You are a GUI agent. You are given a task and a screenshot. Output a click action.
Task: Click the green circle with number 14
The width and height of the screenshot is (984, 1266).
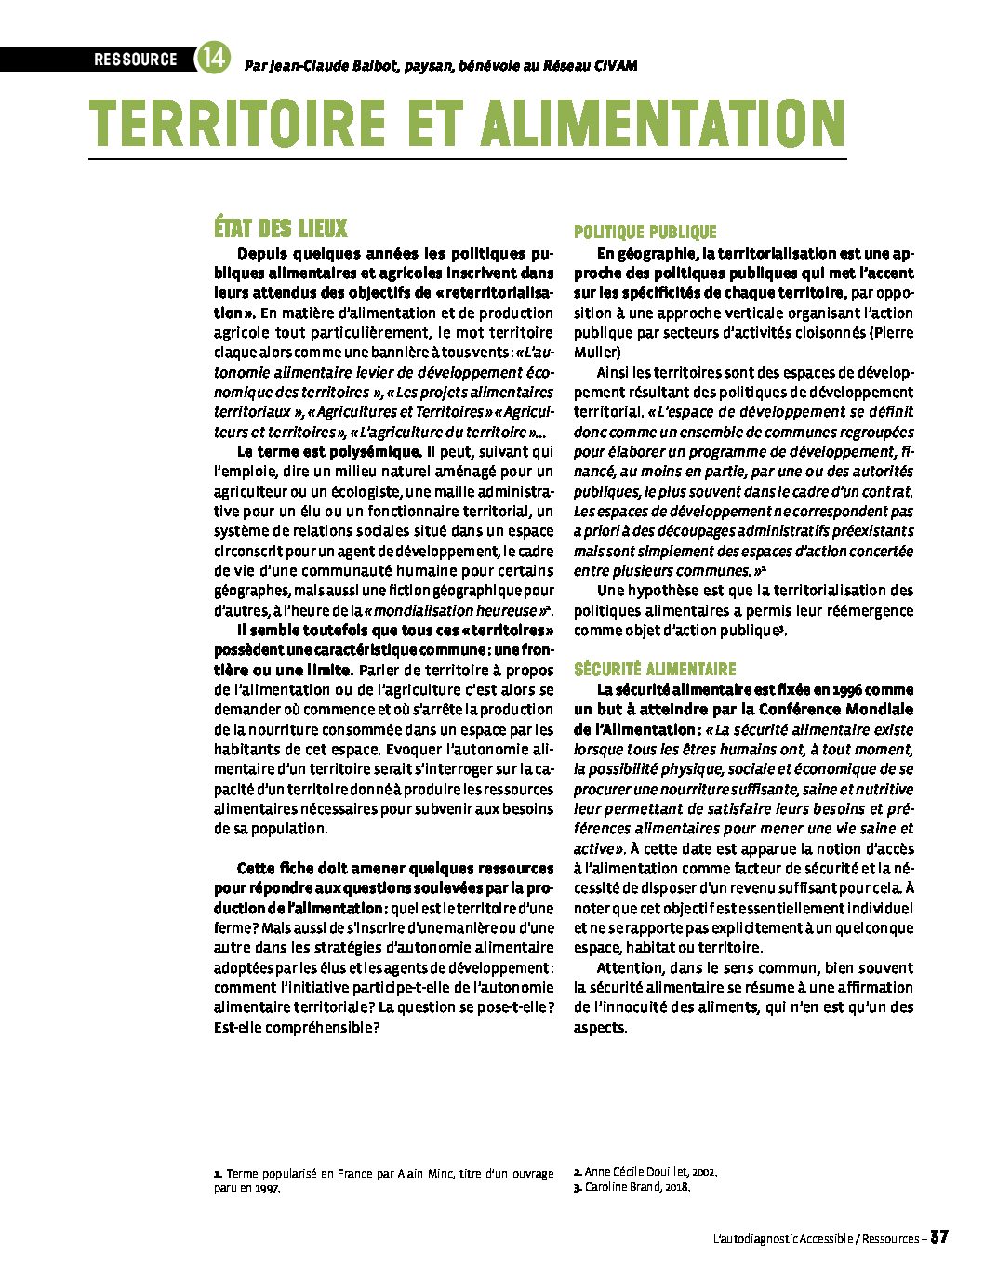pos(211,59)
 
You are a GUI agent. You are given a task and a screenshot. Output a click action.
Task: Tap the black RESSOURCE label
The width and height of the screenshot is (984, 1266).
pos(135,60)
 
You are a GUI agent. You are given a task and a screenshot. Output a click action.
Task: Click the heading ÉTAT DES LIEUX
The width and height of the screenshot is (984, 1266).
pos(281,229)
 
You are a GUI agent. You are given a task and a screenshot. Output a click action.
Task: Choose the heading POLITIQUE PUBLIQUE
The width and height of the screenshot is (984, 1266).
pos(645,233)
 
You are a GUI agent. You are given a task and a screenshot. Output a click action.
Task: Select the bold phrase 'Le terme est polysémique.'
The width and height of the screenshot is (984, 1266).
pos(329,452)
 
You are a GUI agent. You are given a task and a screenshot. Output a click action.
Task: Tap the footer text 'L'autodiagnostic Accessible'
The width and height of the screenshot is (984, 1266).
pos(781,1239)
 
